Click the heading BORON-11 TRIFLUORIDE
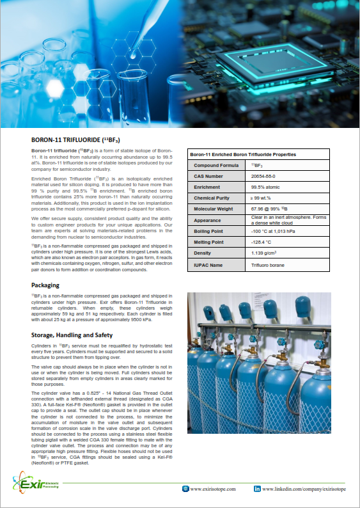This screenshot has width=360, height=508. (x=76, y=139)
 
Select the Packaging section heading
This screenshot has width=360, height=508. (x=46, y=285)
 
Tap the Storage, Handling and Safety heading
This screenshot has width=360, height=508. (x=75, y=335)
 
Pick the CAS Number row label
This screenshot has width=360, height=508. (x=208, y=175)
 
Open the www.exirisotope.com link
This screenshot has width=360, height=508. (x=213, y=488)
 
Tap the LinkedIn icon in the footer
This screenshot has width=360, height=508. (x=257, y=488)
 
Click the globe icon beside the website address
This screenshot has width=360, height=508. (x=185, y=488)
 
